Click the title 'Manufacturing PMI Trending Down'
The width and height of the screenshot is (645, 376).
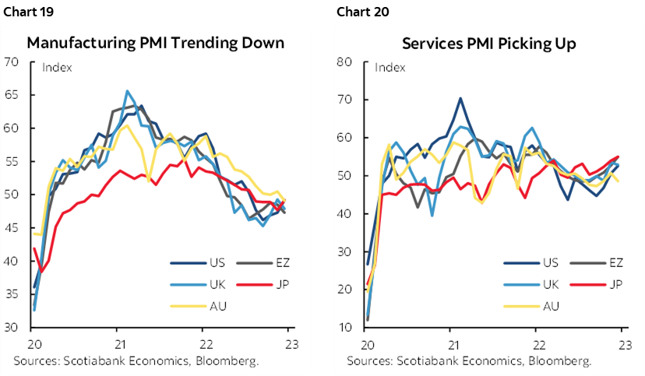(156, 44)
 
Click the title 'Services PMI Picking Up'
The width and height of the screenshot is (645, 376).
(489, 44)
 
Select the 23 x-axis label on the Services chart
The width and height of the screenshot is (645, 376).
(622, 345)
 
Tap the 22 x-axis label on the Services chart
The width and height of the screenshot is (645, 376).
(537, 345)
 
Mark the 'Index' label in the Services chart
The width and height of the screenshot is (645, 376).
(390, 67)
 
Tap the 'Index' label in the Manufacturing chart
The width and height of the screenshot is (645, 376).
(56, 67)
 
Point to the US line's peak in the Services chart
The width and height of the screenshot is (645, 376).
(460, 98)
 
